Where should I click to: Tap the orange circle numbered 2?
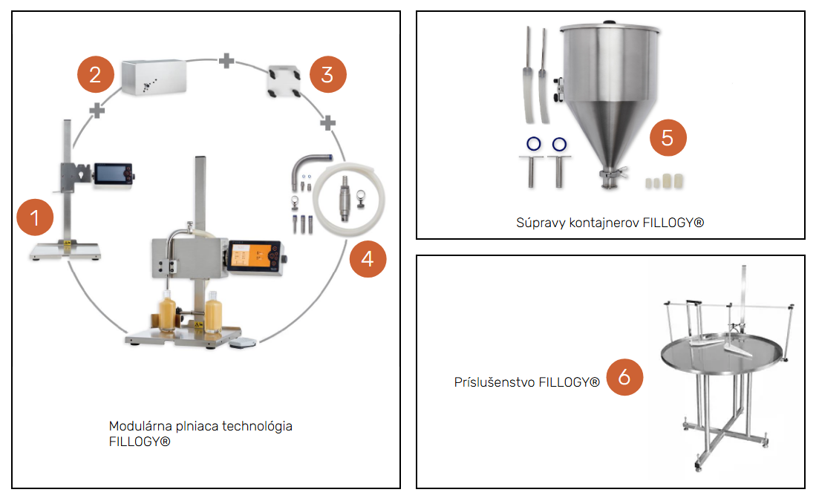pyautogui.click(x=95, y=75)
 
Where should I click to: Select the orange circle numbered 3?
pyautogui.click(x=327, y=75)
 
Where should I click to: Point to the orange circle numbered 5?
pyautogui.click(x=668, y=138)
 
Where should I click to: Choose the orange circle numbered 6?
pyautogui.click(x=624, y=377)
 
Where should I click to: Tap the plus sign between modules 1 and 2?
pyautogui.click(x=96, y=111)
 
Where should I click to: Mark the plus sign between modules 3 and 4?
pyautogui.click(x=324, y=122)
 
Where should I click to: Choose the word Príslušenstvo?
pyautogui.click(x=495, y=382)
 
